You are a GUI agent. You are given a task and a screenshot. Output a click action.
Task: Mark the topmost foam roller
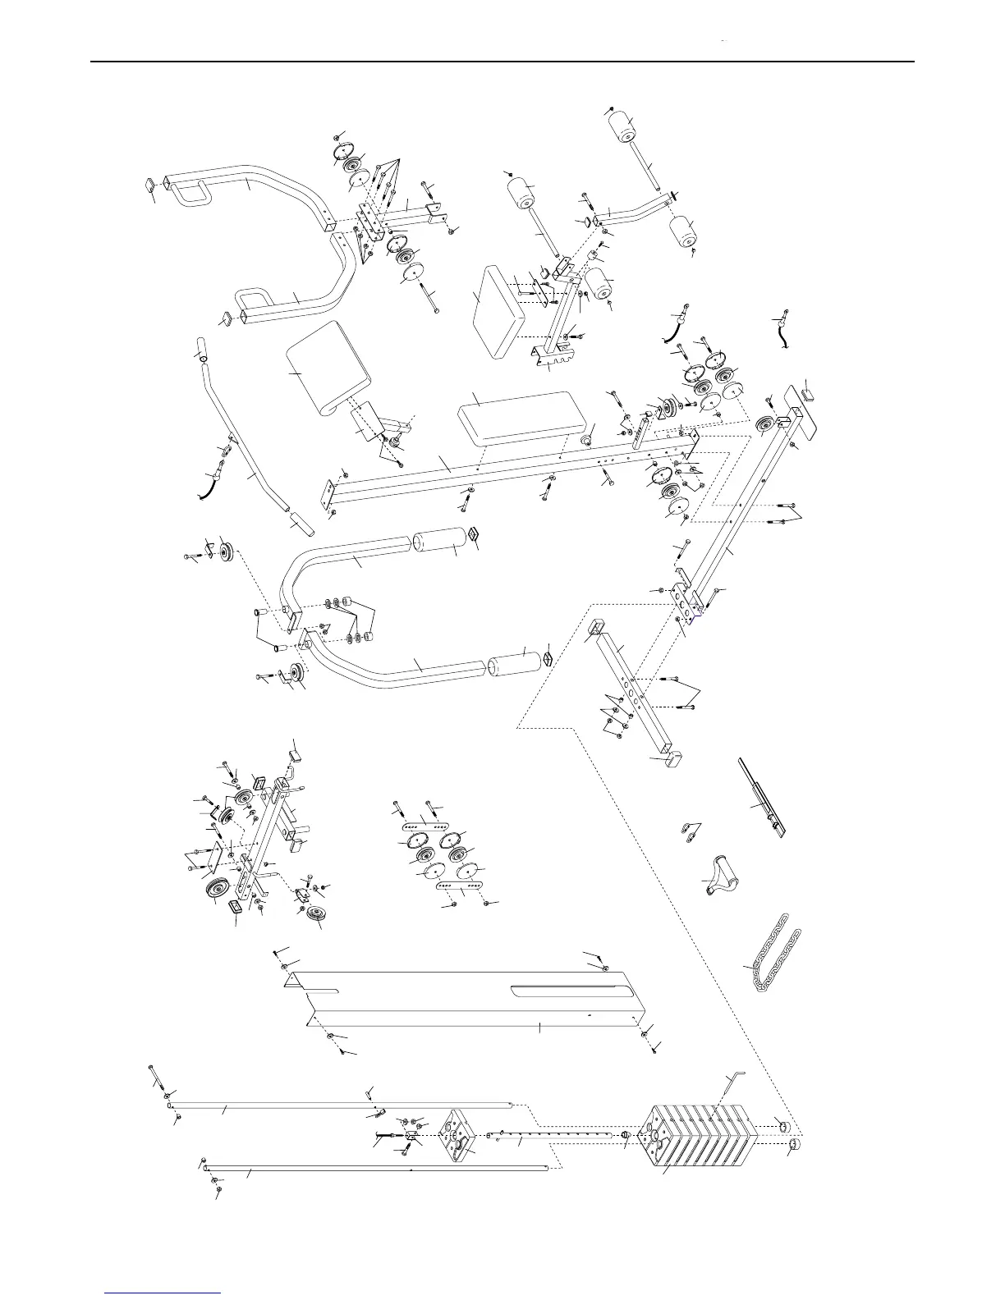(622, 128)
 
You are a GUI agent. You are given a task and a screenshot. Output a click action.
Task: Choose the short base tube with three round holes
(632, 689)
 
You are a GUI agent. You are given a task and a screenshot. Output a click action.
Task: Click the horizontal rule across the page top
(501, 61)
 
